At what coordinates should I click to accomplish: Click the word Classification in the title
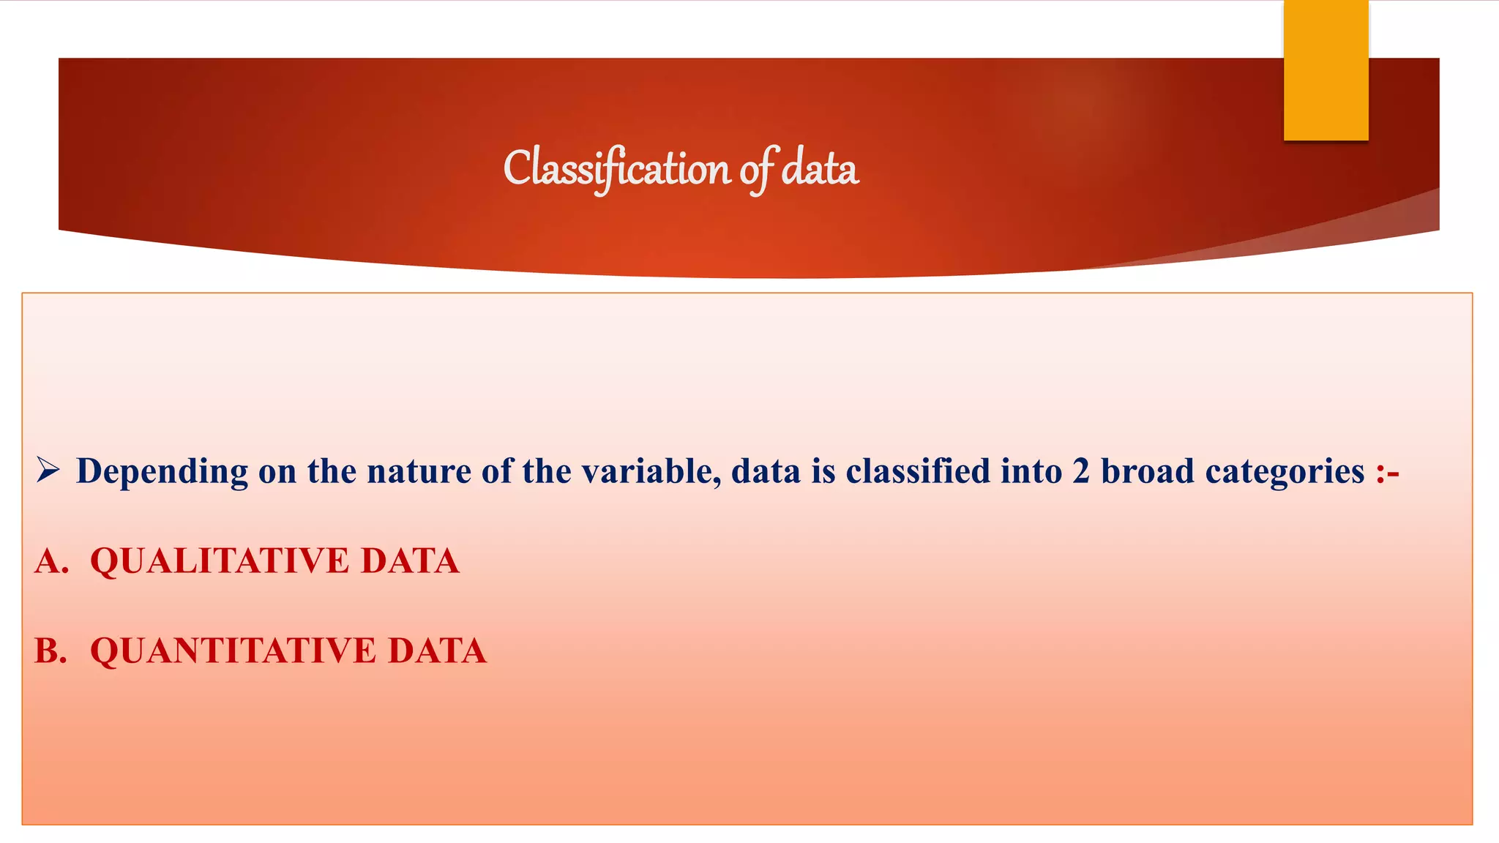[616, 168]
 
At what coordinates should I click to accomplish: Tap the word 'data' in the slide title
[820, 168]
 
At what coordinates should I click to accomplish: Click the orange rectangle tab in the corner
[1326, 70]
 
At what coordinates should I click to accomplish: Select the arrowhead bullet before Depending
[48, 471]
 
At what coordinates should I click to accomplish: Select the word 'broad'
[1148, 471]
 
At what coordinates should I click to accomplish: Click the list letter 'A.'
[51, 562]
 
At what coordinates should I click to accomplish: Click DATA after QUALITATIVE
[410, 562]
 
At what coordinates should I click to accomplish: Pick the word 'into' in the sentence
[1031, 471]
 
